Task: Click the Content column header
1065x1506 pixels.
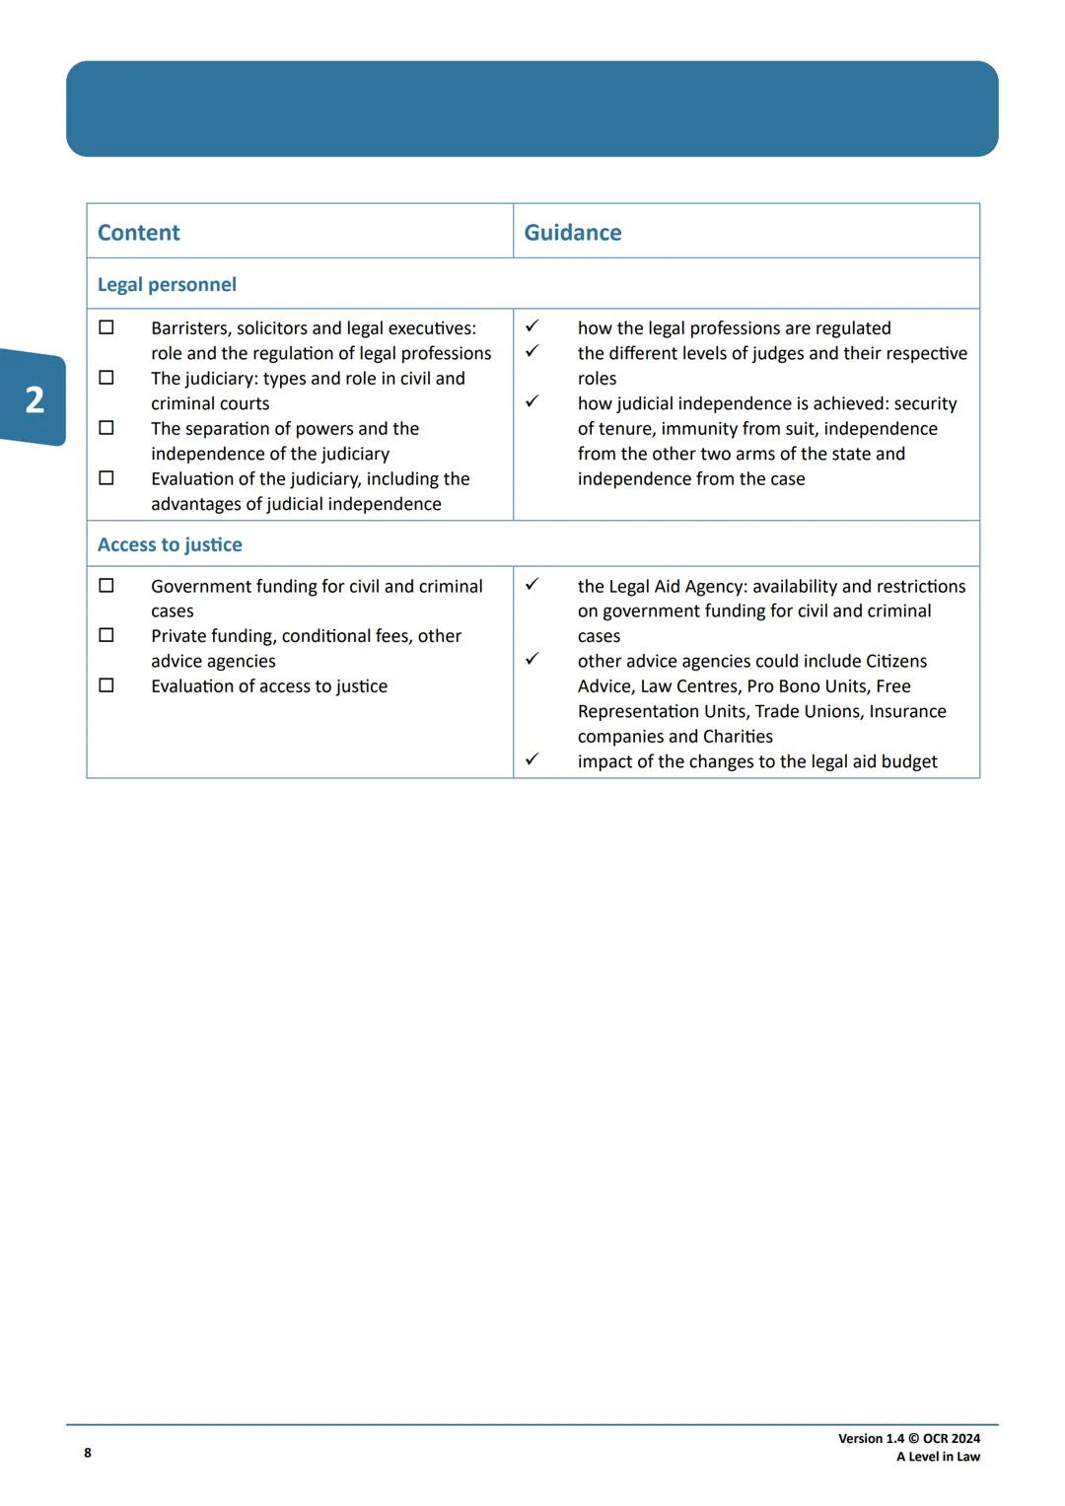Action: (x=138, y=233)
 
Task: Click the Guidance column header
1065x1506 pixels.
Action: (x=572, y=233)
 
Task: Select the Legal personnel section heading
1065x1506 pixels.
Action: (x=167, y=285)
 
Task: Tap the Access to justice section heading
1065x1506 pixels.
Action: (x=170, y=544)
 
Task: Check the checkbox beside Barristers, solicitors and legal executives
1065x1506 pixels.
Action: (x=106, y=327)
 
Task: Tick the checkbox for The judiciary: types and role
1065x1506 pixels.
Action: (x=106, y=378)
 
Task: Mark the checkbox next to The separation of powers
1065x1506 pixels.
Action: (x=106, y=428)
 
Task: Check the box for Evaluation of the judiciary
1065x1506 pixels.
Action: (x=106, y=478)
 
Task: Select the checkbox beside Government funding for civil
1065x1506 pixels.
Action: (x=106, y=586)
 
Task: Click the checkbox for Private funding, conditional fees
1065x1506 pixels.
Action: (x=106, y=635)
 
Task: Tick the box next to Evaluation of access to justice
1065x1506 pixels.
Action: (x=106, y=685)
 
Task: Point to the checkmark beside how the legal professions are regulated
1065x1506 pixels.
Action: (x=532, y=325)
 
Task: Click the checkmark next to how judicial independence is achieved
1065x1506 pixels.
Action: (x=532, y=401)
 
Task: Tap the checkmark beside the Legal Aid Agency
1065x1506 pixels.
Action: (x=532, y=584)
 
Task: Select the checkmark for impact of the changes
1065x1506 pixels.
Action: (x=532, y=759)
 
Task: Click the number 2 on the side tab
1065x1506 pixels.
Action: (x=35, y=399)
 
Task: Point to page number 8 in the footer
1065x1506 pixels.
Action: (x=88, y=1453)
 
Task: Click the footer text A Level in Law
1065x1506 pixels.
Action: (x=938, y=1457)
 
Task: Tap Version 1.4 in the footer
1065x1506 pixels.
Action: (x=871, y=1439)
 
